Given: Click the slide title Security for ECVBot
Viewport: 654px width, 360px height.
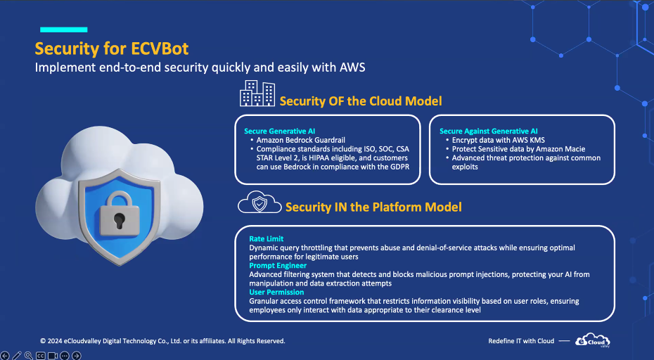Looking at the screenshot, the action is (x=112, y=49).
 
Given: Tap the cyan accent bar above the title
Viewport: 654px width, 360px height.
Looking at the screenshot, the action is (x=64, y=30).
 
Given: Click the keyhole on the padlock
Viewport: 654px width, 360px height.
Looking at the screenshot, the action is (x=120, y=219).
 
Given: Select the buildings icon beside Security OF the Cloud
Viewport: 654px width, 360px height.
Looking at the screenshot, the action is (x=257, y=93).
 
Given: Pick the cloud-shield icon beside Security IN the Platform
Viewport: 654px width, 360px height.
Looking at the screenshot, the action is (x=259, y=202).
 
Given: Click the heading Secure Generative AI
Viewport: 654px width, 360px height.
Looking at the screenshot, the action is (x=279, y=131).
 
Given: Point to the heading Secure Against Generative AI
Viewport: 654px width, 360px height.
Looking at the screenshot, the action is (x=489, y=131).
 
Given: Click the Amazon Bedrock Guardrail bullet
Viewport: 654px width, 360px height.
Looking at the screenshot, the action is (x=301, y=140).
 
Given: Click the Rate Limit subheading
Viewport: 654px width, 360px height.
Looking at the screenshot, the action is (x=266, y=238).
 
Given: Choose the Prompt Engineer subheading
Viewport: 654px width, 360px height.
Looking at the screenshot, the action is (x=278, y=265).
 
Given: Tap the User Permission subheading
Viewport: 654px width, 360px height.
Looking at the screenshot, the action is (x=276, y=292).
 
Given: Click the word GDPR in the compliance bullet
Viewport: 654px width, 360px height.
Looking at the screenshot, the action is (x=399, y=167).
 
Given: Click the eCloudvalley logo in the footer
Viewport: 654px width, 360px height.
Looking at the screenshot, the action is (x=592, y=340).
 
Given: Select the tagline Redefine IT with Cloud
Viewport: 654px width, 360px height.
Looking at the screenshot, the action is (x=521, y=341).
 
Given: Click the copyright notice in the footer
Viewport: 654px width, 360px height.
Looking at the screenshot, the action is (x=162, y=341).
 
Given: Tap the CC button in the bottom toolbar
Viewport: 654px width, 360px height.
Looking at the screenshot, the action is (x=41, y=356).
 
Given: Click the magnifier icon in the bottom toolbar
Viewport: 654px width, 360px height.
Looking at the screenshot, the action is (x=28, y=356).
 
